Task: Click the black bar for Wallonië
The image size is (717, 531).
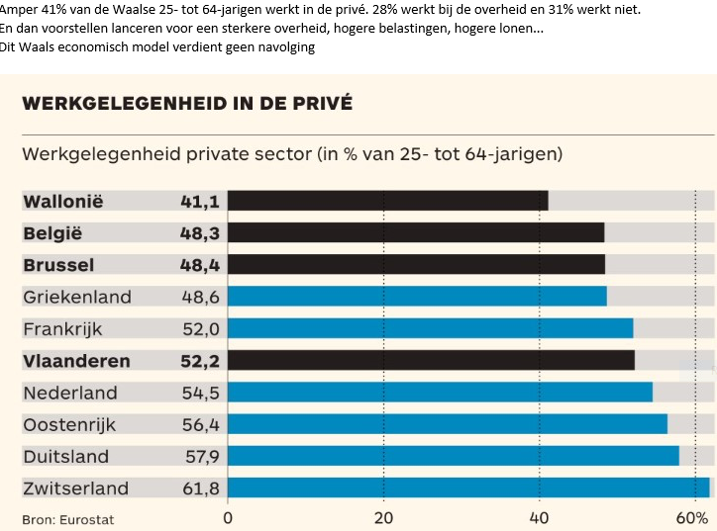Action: point(387,201)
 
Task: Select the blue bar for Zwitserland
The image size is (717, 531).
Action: point(468,487)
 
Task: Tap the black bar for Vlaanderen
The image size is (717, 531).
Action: point(431,360)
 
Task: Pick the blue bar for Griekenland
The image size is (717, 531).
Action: point(417,296)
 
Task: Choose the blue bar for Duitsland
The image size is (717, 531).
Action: point(454,456)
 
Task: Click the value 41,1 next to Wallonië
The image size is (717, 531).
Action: point(199,201)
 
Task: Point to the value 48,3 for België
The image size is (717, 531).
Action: point(199,232)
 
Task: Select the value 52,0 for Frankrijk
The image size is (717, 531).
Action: point(199,328)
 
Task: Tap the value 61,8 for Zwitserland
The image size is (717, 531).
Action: point(199,487)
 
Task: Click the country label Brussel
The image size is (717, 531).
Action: point(58,264)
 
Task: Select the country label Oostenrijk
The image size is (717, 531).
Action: point(69,424)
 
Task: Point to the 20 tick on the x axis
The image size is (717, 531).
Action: point(383,517)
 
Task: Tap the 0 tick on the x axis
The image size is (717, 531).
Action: point(229,517)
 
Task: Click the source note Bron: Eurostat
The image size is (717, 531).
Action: point(62,518)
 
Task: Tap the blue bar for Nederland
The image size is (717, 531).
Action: point(440,393)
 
